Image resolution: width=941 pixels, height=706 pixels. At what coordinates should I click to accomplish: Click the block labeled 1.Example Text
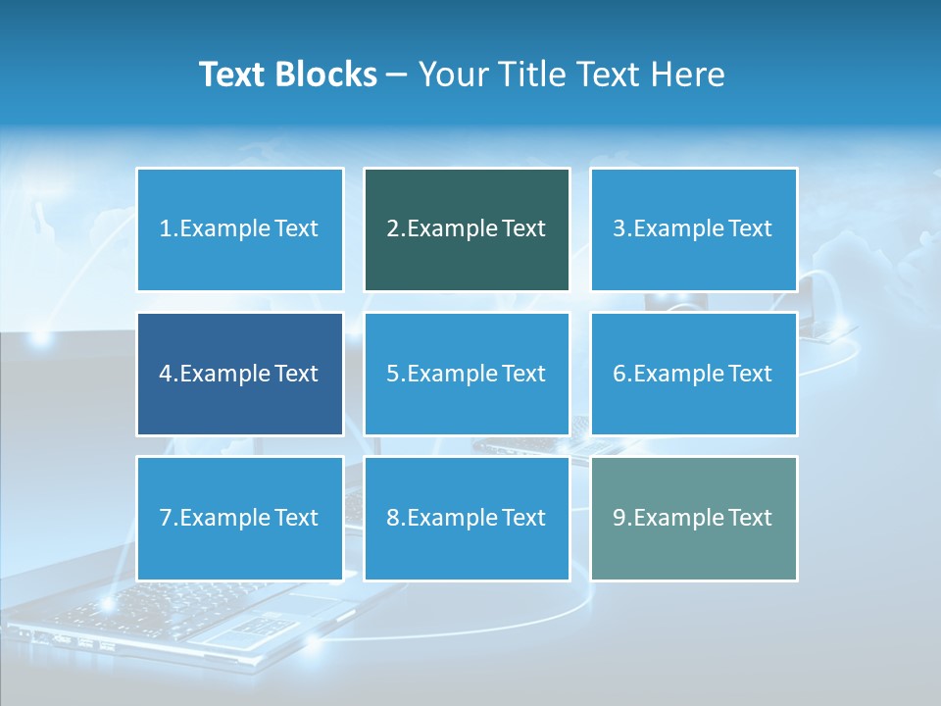[x=239, y=229]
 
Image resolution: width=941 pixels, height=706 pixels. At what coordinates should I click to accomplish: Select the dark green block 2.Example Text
[x=467, y=229]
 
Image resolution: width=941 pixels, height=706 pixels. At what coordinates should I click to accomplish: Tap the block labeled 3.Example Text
[x=693, y=229]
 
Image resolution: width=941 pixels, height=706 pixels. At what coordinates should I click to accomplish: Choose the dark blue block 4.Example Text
[x=239, y=374]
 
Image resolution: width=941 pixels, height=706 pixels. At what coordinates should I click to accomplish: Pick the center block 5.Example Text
[x=467, y=374]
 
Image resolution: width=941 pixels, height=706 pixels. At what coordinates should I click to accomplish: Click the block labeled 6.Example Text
[x=693, y=374]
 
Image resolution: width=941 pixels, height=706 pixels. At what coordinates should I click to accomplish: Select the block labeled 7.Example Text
[x=239, y=518]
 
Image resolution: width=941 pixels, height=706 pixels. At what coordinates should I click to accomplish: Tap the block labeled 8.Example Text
[x=467, y=518]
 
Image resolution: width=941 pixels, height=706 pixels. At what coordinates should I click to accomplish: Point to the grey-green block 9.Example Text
[x=693, y=518]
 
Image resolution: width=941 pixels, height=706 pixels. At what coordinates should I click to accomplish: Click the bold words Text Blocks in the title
[x=287, y=75]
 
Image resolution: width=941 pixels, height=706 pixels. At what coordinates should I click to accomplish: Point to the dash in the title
[x=397, y=75]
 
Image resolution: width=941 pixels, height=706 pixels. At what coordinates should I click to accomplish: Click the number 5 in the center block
[x=392, y=374]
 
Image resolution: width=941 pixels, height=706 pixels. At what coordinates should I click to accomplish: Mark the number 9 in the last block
[x=619, y=518]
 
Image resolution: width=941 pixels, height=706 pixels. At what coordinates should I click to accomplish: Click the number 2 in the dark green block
[x=392, y=229]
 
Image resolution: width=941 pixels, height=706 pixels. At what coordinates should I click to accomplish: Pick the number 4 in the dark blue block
[x=166, y=374]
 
